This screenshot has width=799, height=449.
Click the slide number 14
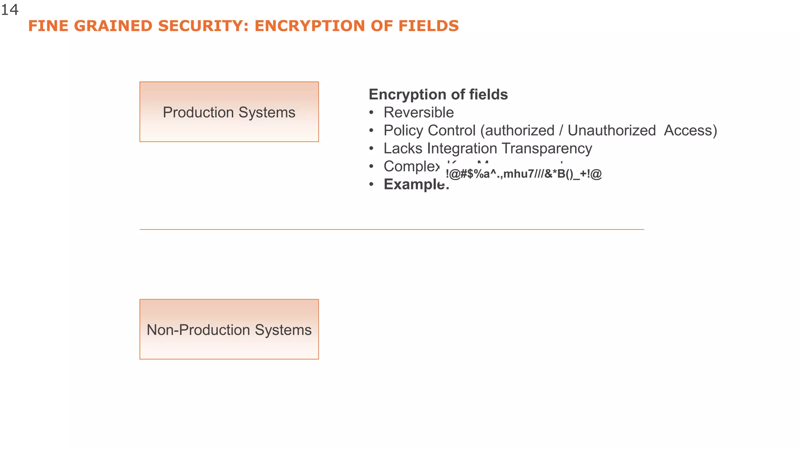click(x=10, y=10)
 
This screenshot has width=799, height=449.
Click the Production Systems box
click(x=229, y=112)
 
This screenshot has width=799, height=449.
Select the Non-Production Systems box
click(x=229, y=329)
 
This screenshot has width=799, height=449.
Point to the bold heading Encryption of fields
click(x=438, y=95)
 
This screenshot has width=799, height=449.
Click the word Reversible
click(x=419, y=113)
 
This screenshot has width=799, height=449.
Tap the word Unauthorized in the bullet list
click(x=611, y=131)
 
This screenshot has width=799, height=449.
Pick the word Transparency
click(x=547, y=148)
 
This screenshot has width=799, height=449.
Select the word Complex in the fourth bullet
click(x=411, y=167)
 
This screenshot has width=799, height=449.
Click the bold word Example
click(x=415, y=184)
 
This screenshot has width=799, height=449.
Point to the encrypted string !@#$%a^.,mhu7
click(x=524, y=174)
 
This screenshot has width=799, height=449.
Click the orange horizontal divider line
click(x=392, y=230)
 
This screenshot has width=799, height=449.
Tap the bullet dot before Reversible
click(x=371, y=113)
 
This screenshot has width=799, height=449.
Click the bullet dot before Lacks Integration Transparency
click(x=371, y=149)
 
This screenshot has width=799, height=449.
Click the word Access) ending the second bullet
click(x=690, y=131)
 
